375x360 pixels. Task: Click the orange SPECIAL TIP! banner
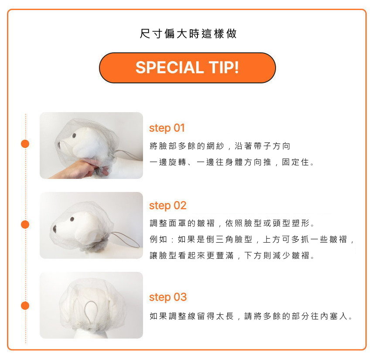pyautogui.click(x=187, y=68)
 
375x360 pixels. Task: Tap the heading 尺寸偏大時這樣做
pyautogui.click(x=188, y=34)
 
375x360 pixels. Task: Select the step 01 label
pyautogui.click(x=167, y=128)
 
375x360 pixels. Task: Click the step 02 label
pyautogui.click(x=167, y=206)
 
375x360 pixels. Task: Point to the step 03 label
pyautogui.click(x=167, y=297)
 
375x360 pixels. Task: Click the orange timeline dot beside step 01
pyautogui.click(x=25, y=144)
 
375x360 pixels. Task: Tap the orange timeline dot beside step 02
pyautogui.click(x=25, y=225)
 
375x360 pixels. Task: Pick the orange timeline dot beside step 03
pyautogui.click(x=25, y=305)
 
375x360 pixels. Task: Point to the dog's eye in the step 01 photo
pyautogui.click(x=74, y=136)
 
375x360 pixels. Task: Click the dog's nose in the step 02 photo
pyautogui.click(x=55, y=229)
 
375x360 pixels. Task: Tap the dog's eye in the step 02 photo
pyautogui.click(x=72, y=219)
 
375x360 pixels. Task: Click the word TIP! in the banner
pyautogui.click(x=224, y=67)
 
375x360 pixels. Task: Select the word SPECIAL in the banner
pyautogui.click(x=170, y=68)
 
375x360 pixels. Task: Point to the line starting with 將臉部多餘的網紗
pyautogui.click(x=220, y=146)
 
